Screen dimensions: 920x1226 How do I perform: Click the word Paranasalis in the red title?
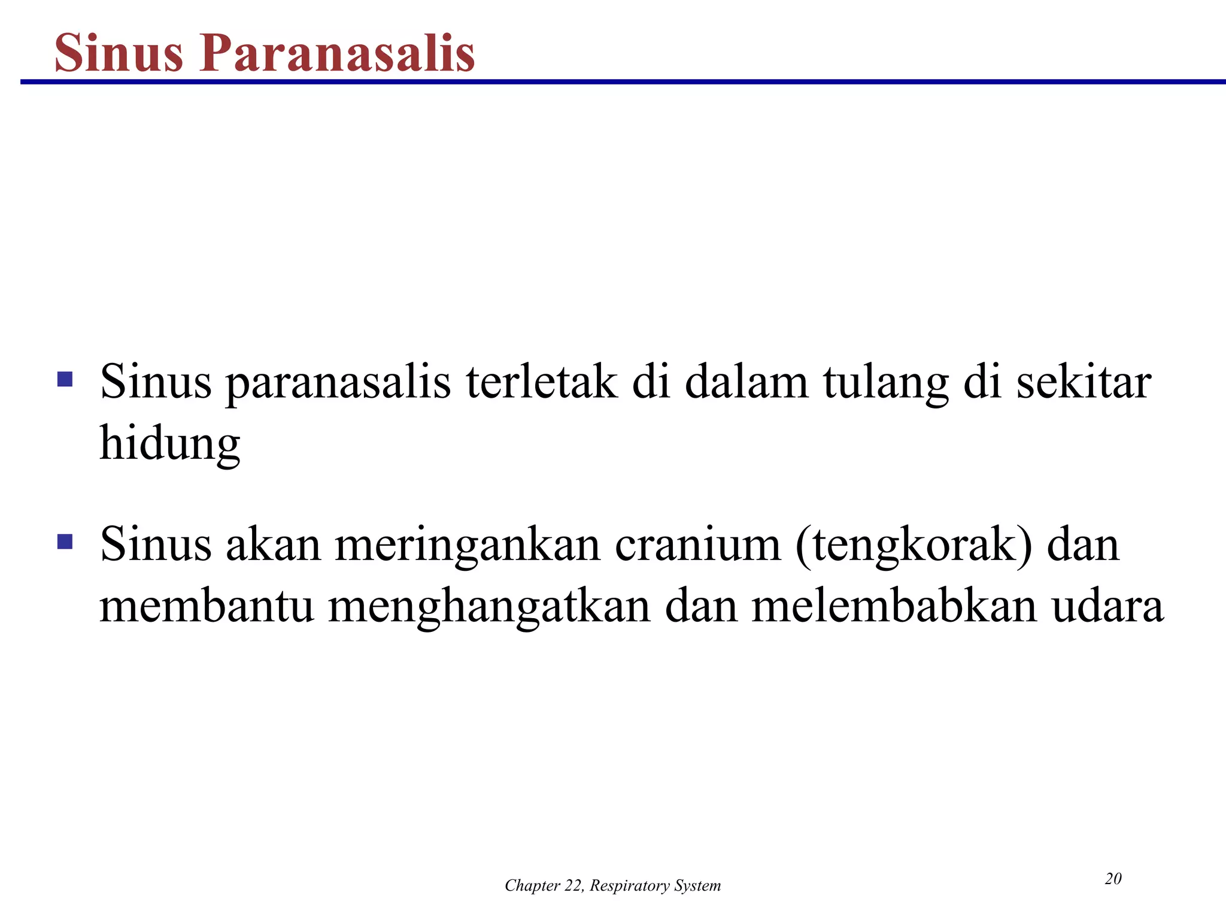coord(338,53)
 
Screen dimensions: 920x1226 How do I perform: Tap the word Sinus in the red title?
coord(119,53)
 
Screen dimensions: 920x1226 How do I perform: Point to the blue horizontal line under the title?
coord(623,81)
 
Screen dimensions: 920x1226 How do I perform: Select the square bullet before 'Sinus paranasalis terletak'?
coord(65,379)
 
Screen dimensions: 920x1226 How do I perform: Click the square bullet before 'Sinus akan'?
coord(65,541)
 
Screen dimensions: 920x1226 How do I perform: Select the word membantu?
coord(207,606)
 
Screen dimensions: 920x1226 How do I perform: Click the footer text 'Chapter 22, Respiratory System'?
coord(612,886)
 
